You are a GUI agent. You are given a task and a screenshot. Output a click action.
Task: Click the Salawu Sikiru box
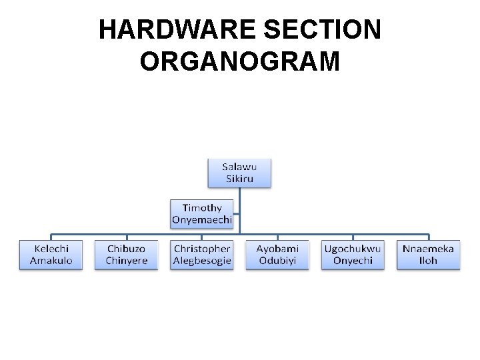(x=239, y=173)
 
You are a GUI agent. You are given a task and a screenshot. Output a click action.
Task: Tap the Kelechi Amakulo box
(x=51, y=255)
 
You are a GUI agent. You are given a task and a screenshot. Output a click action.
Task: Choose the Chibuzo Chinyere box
(x=127, y=255)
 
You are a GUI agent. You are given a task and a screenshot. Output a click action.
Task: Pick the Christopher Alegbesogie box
(x=202, y=255)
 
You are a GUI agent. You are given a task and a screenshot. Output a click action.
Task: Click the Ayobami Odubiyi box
(x=277, y=255)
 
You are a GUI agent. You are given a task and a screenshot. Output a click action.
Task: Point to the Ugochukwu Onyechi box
(x=353, y=255)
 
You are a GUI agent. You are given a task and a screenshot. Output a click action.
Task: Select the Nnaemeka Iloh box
(x=428, y=255)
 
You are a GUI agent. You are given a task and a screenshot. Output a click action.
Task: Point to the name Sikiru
(x=239, y=179)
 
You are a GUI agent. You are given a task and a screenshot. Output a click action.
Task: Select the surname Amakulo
(x=51, y=261)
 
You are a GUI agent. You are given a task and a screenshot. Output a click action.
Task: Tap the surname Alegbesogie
(x=202, y=261)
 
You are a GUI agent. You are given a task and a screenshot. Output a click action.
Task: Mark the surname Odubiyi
(x=277, y=261)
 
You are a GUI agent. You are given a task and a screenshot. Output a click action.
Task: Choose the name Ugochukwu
(x=353, y=249)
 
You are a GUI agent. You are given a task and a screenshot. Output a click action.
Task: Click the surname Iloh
(x=428, y=261)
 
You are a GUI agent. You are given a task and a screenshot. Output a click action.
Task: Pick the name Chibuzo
(x=127, y=249)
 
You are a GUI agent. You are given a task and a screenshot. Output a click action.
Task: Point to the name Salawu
(x=239, y=167)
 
